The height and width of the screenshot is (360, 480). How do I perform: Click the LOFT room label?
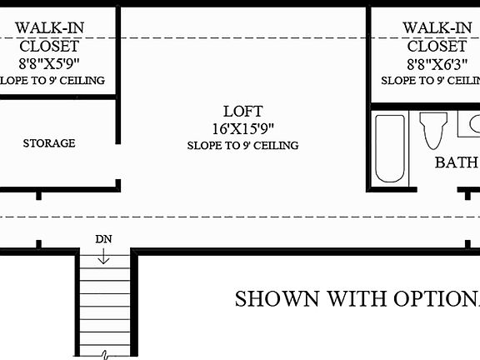tap(242, 111)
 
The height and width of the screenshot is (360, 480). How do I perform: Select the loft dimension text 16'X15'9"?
tap(242, 128)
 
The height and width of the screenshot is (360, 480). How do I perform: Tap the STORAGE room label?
tap(49, 143)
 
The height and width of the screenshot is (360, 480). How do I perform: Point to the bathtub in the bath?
tap(389, 148)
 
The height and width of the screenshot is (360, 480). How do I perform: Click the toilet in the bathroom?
tap(433, 130)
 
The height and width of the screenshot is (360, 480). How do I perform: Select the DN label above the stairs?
tap(103, 239)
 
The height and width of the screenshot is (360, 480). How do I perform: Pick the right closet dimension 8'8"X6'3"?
tap(436, 63)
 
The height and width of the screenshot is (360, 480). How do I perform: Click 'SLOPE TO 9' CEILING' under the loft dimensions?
tap(242, 146)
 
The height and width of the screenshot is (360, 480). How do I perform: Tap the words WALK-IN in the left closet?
tap(49, 27)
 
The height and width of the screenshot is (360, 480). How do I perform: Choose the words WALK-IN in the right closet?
tap(436, 27)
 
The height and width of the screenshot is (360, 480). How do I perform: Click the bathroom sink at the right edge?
tap(472, 125)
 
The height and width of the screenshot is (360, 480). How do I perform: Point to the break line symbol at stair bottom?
tap(106, 355)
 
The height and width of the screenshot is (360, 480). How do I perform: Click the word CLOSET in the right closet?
tap(436, 46)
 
